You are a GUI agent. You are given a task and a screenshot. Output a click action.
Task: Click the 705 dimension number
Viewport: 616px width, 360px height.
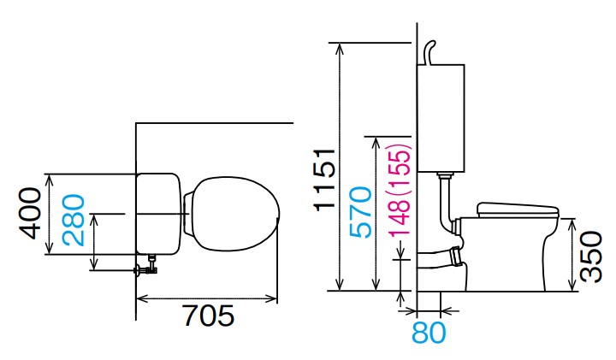pyautogui.click(x=210, y=316)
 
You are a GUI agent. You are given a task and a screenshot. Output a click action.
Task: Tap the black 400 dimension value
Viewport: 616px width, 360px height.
pyautogui.click(x=30, y=213)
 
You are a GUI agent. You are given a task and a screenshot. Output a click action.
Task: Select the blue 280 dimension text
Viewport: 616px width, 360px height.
pyautogui.click(x=74, y=220)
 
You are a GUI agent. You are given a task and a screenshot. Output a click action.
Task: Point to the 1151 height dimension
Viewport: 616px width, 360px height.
pyautogui.click(x=324, y=180)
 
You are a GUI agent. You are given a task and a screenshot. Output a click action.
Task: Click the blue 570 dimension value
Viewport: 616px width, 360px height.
pyautogui.click(x=360, y=212)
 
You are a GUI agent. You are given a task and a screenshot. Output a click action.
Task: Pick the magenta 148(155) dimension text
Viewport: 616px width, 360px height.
pyautogui.click(x=400, y=190)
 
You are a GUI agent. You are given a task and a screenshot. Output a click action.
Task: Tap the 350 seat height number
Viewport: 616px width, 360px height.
pyautogui.click(x=591, y=257)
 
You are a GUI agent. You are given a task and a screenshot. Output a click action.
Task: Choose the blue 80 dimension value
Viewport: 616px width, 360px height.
pyautogui.click(x=429, y=333)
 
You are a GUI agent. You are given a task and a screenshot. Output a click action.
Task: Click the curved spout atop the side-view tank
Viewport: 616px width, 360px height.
pyautogui.click(x=429, y=52)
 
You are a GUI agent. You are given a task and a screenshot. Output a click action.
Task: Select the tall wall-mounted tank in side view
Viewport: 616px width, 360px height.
pyautogui.click(x=441, y=118)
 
